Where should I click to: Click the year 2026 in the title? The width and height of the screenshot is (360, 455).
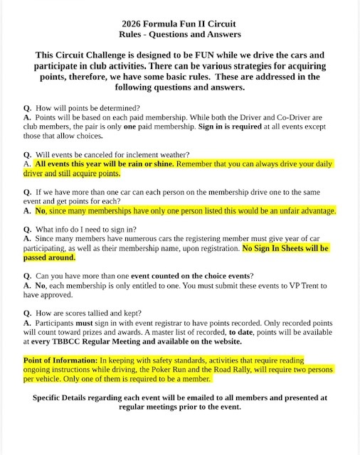click(125, 23)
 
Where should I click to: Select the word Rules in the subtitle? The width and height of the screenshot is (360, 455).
click(134, 33)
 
